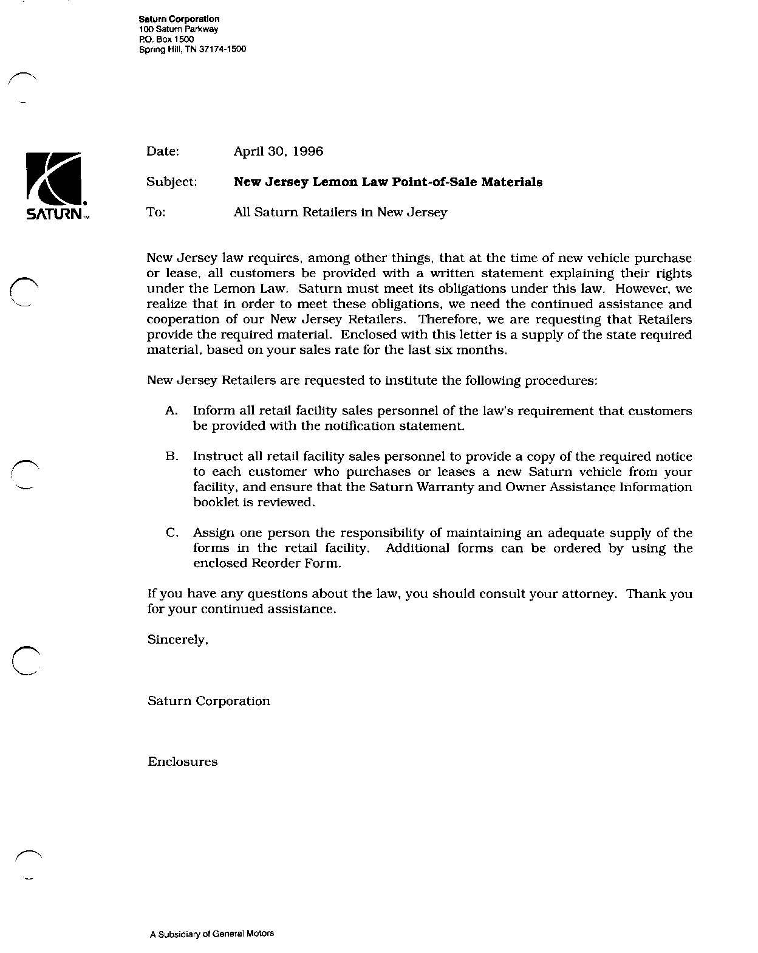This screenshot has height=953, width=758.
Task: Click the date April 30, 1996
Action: click(x=278, y=151)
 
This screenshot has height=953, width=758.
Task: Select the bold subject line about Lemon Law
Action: click(x=388, y=182)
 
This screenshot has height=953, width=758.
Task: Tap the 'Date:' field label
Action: click(x=163, y=151)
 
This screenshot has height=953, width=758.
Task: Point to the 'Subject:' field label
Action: click(x=172, y=182)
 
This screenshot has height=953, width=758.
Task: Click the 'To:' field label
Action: click(x=156, y=212)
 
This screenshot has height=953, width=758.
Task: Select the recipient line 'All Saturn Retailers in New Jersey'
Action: click(x=340, y=212)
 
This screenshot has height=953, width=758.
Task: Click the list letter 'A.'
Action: click(x=171, y=411)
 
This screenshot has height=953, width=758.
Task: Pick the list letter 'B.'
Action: click(x=171, y=456)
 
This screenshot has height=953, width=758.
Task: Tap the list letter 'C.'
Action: click(x=171, y=533)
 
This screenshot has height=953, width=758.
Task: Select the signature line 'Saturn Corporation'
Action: click(x=209, y=701)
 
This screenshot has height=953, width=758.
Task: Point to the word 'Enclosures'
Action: click(x=183, y=762)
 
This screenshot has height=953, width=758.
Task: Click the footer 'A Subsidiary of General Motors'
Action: click(x=212, y=933)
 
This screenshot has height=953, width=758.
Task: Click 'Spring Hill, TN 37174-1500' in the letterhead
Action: click(x=193, y=49)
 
